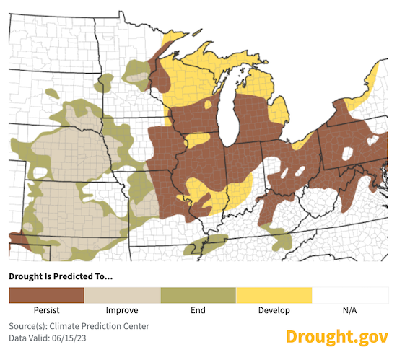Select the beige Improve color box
[x=122, y=295]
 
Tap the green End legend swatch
[x=198, y=295]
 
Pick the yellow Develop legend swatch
[x=274, y=295]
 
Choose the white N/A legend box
[x=349, y=295]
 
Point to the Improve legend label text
[x=122, y=310]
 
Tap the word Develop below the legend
[x=274, y=310]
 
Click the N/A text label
[x=349, y=310]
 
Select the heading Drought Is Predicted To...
[x=61, y=276]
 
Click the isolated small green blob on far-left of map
[x=51, y=92]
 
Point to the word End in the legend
[x=198, y=310]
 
